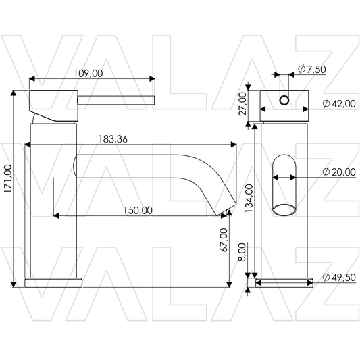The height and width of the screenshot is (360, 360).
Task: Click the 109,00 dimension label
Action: pyautogui.click(x=88, y=73)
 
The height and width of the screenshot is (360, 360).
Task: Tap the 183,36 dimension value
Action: pyautogui.click(x=113, y=139)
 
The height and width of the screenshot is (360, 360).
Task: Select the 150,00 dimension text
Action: pyautogui.click(x=138, y=211)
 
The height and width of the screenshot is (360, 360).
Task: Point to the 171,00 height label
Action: pyautogui.click(x=8, y=179)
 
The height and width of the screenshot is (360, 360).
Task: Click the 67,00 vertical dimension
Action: pyautogui.click(x=224, y=240)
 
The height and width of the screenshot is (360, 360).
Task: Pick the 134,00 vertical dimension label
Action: pyautogui.click(x=249, y=199)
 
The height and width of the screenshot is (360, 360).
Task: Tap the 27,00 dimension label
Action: pyautogui.click(x=242, y=104)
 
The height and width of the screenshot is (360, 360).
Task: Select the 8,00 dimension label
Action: pyautogui.click(x=242, y=252)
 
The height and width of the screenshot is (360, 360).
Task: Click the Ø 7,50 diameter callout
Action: pyautogui.click(x=311, y=69)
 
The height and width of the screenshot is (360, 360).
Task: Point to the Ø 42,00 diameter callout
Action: pyautogui.click(x=339, y=104)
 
